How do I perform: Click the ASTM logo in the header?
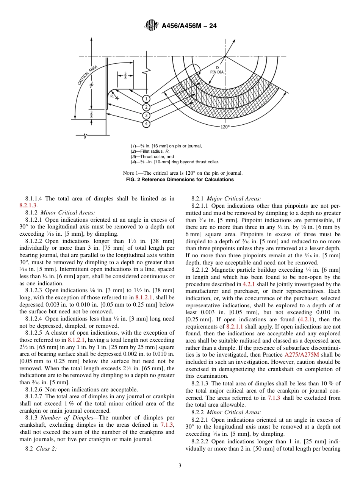tap(151, 26)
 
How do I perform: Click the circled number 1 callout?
tap(147, 99)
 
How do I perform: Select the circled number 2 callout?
tap(147, 107)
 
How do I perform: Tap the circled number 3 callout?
tap(147, 116)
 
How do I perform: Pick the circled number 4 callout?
tap(147, 124)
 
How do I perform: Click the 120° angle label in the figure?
tap(225, 127)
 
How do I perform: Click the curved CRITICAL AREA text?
tap(88, 75)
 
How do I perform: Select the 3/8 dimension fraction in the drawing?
tap(91, 114)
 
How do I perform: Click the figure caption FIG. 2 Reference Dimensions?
tap(180, 180)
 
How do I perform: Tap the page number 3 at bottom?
tap(180, 466)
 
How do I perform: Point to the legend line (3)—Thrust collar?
tap(152, 156)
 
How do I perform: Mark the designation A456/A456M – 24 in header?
tap(189, 26)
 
